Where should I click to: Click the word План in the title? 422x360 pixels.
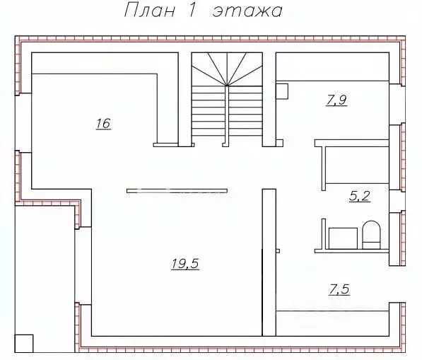(x=150, y=11)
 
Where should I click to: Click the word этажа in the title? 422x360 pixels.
(x=247, y=12)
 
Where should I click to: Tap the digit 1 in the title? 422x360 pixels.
(x=192, y=11)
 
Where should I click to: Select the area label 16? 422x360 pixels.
(x=103, y=124)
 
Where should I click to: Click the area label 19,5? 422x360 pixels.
(x=185, y=263)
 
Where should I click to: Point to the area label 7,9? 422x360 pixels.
(x=336, y=100)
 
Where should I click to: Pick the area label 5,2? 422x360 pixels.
(x=360, y=196)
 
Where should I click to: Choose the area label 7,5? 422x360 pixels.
(x=339, y=290)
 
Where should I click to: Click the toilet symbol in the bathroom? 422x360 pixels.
(x=371, y=235)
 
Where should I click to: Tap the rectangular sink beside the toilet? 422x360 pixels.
(x=343, y=238)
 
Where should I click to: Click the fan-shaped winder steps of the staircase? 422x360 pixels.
(x=227, y=69)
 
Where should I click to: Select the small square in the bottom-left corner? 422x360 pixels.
(x=24, y=344)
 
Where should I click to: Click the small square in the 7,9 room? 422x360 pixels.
(x=282, y=91)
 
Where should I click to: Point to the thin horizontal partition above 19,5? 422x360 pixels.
(x=177, y=191)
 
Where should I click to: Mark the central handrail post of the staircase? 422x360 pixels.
(x=227, y=116)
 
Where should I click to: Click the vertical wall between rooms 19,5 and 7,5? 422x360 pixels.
(x=269, y=262)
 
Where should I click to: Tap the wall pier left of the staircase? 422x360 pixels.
(x=185, y=99)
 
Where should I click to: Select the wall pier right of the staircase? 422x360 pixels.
(x=269, y=99)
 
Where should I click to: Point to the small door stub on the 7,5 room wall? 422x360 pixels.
(x=278, y=251)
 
